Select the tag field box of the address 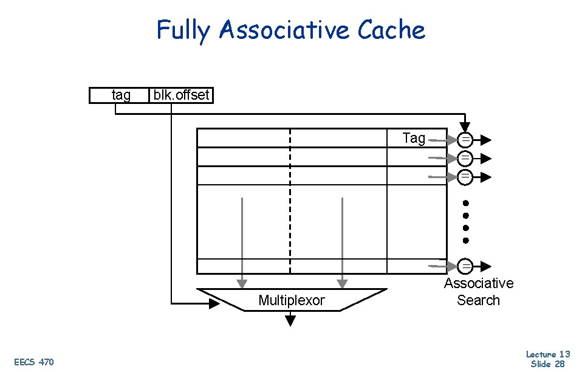pos(120,95)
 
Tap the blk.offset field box pos(181,95)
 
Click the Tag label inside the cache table pos(414,138)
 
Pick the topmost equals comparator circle pos(465,140)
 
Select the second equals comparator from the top pos(465,158)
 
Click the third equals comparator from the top pos(465,177)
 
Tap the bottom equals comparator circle pos(465,266)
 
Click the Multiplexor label pos(292,300)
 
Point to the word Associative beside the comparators pos(478,283)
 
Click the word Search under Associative pos(478,300)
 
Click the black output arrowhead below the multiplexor pos(290,320)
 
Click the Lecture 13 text pos(547,354)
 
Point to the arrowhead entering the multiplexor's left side pos(214,303)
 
